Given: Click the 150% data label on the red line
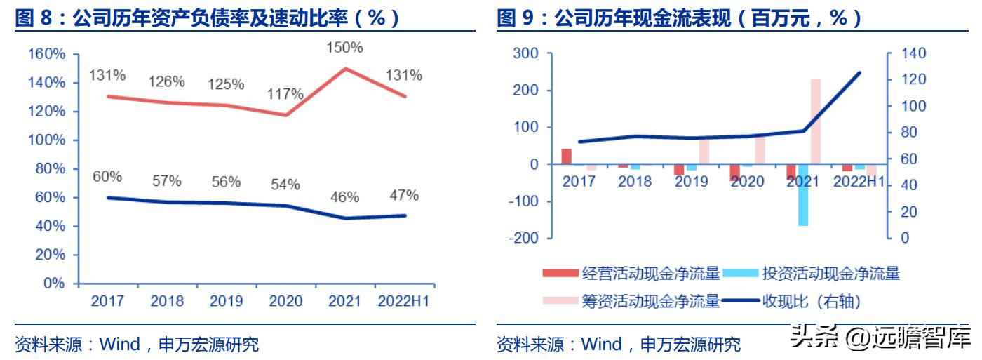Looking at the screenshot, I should [345, 48].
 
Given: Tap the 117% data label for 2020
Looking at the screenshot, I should [285, 94].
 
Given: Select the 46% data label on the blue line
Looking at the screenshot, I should [344, 197].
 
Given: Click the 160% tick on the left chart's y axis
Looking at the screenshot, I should [46, 54].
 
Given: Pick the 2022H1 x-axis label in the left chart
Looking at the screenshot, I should [403, 302].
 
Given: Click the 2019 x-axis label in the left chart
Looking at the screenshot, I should [226, 302].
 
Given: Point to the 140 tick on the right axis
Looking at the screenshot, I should [913, 54].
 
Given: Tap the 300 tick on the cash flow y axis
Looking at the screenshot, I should [525, 54].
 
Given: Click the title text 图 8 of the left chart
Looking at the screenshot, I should [35, 18].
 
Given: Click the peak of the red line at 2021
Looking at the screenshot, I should [345, 68].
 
